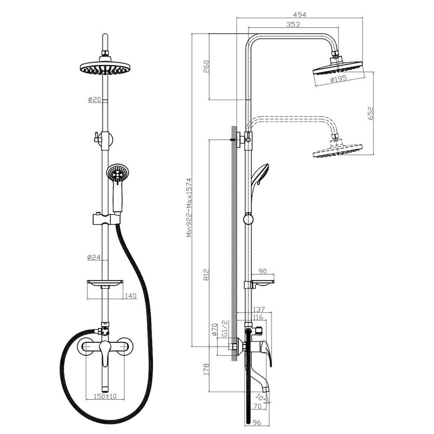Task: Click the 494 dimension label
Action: (x=299, y=14)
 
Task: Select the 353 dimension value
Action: (x=293, y=25)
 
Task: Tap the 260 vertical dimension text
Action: (x=206, y=67)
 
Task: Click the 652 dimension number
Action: (x=370, y=113)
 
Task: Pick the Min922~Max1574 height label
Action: (x=189, y=207)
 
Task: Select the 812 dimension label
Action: (x=206, y=274)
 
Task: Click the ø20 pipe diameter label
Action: (x=95, y=99)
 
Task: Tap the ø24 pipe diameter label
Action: (x=94, y=257)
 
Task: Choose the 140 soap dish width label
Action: (x=131, y=296)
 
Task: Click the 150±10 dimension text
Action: (x=105, y=396)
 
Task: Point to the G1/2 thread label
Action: (x=225, y=328)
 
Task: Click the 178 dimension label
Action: (x=206, y=369)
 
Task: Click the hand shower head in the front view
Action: (x=118, y=173)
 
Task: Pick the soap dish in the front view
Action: (x=105, y=282)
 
